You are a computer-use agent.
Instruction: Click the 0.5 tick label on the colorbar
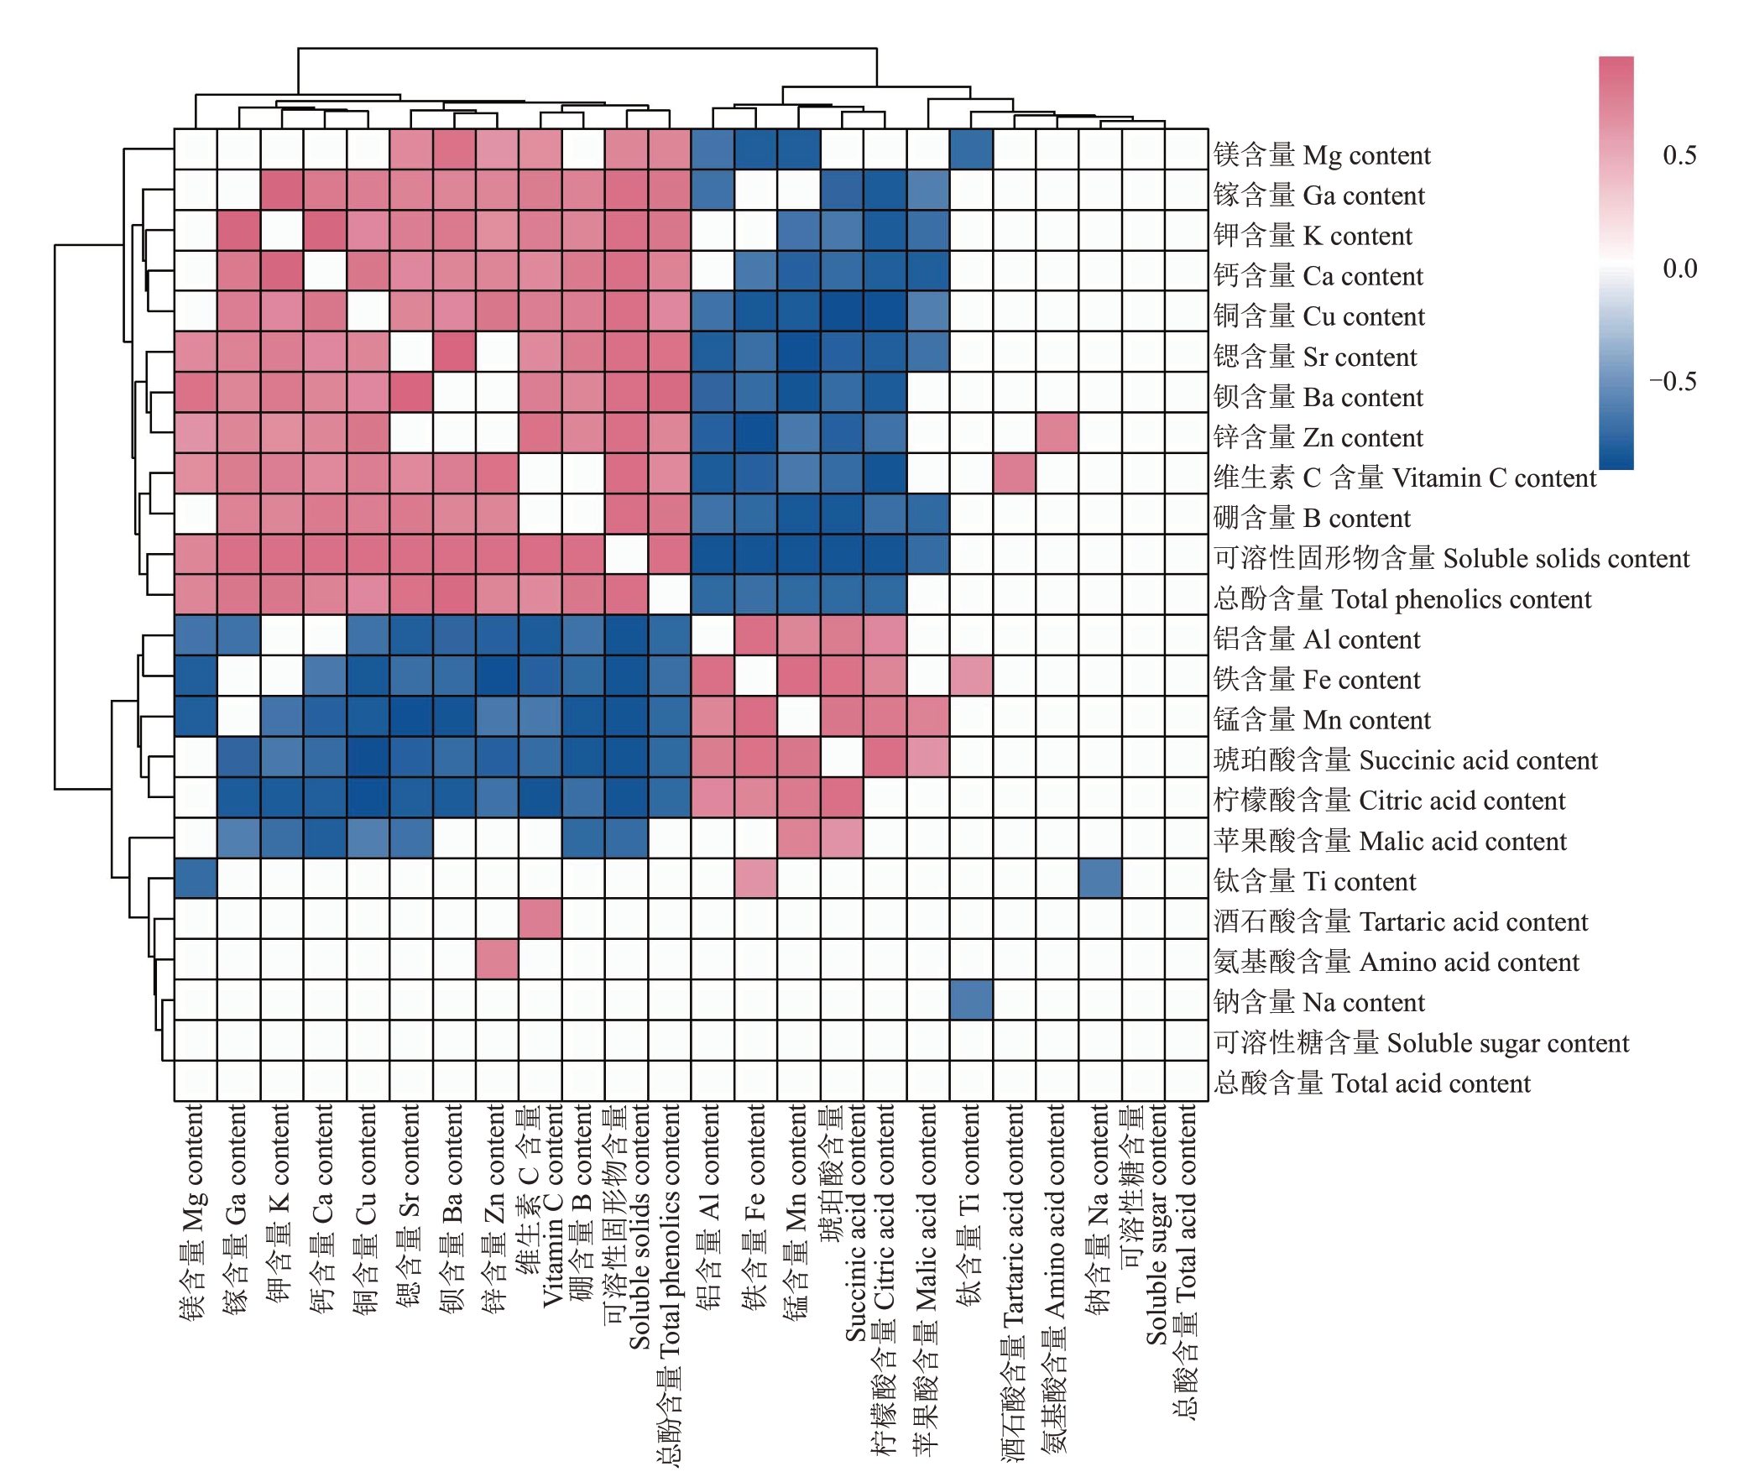pos(1679,155)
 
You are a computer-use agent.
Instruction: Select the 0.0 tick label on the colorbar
pos(1679,269)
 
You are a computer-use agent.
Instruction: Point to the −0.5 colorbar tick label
pos(1673,382)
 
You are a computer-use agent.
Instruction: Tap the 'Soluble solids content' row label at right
pos(1451,559)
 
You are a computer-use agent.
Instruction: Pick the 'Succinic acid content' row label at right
pos(1405,760)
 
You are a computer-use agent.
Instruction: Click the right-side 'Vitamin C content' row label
pos(1404,478)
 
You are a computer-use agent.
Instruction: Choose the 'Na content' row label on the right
pos(1318,1003)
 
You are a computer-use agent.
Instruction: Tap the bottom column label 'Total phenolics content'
pos(670,1284)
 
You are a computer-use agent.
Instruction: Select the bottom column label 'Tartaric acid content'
pos(1014,1284)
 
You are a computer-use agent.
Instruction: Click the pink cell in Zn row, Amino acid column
pos(1057,433)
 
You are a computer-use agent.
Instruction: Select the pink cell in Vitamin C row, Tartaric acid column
pos(1014,473)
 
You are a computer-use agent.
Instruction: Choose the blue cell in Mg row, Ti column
pos(971,149)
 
